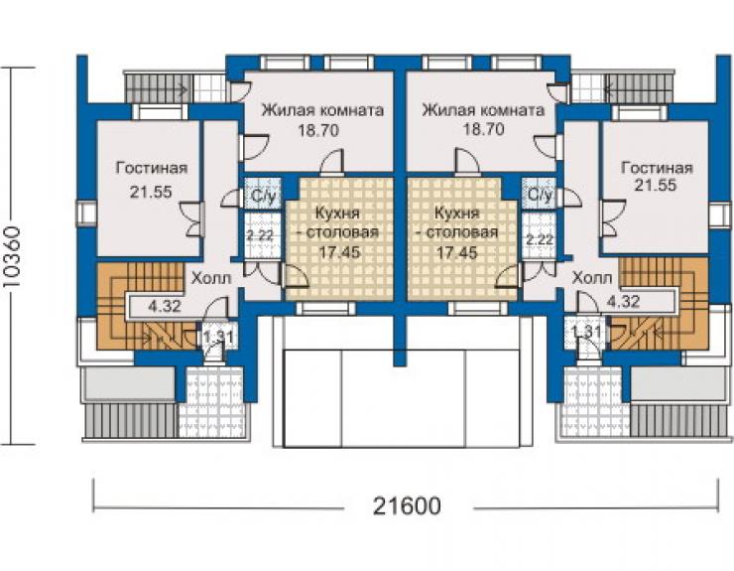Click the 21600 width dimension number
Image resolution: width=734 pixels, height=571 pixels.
[x=407, y=505]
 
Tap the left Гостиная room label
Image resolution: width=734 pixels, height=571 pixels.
[x=152, y=168]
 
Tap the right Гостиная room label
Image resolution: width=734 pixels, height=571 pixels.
[x=657, y=168]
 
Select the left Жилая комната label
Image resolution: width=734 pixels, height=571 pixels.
[x=322, y=110]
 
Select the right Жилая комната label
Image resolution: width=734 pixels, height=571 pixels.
[x=484, y=110]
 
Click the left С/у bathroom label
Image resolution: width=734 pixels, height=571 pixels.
[x=263, y=195]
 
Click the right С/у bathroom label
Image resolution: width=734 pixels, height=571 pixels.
[x=541, y=194]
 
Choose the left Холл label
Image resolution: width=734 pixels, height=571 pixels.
[x=211, y=278]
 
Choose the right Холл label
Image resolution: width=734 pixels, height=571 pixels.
[x=592, y=278]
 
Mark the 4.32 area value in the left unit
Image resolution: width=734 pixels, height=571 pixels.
[x=165, y=307]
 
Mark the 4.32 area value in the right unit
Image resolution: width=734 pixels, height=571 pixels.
[x=623, y=301]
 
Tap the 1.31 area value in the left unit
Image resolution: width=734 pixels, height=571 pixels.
[x=217, y=337]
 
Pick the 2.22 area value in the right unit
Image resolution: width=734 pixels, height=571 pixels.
[x=540, y=239]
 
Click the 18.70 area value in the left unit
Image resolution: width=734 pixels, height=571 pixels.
[x=318, y=130]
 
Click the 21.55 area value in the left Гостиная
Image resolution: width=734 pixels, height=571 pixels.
[x=151, y=192]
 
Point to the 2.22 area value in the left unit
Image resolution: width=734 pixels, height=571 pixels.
[x=260, y=235]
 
